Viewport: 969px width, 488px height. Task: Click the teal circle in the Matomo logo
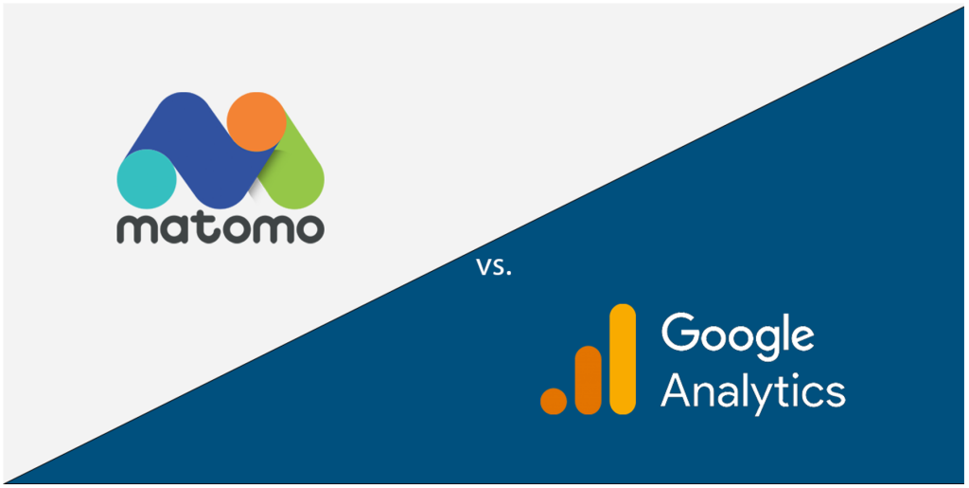pos(147,177)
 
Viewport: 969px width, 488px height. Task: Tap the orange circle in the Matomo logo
pos(257,120)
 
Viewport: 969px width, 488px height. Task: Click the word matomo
pos(220,228)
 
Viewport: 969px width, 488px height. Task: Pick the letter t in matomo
pos(203,227)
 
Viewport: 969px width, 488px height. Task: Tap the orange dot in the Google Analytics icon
pos(554,400)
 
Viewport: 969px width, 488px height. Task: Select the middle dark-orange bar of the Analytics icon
pos(588,380)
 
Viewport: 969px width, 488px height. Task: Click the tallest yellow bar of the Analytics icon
pos(622,359)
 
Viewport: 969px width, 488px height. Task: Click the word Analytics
pos(752,390)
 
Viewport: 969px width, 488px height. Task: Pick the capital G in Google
pos(680,333)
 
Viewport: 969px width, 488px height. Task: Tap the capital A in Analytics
pos(678,389)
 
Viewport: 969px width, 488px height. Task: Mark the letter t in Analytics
pos(778,389)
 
